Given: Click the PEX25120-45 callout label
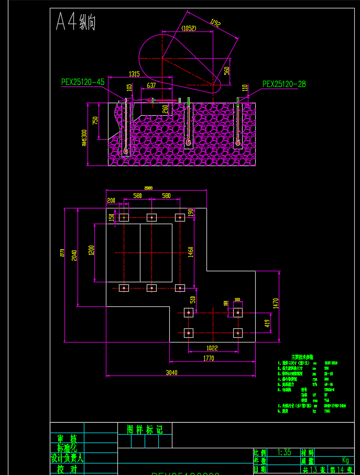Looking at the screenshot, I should point(83,82).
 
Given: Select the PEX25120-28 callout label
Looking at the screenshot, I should point(284,84).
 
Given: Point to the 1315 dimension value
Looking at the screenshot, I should point(134,74).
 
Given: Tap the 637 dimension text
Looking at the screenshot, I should point(151,85).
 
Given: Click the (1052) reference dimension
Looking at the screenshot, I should point(188,28).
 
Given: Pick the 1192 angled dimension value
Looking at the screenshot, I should point(215,23).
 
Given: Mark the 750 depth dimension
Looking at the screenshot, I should point(95,120).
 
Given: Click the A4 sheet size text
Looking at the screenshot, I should point(75,23).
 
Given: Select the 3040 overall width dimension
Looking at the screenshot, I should point(171,373).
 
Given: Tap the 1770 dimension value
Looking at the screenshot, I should point(208,359).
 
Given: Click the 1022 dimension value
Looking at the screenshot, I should point(212,347).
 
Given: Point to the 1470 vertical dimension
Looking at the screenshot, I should point(276,303).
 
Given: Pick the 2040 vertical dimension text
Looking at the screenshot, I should point(75,255).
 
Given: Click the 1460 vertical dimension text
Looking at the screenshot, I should point(191,251).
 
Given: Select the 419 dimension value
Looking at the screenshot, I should point(266,323).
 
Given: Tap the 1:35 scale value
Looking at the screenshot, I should point(284,452).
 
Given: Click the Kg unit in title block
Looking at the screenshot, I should point(345,460).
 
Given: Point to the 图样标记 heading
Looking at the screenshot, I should point(145,429).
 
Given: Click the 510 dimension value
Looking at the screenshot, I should point(192,300).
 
